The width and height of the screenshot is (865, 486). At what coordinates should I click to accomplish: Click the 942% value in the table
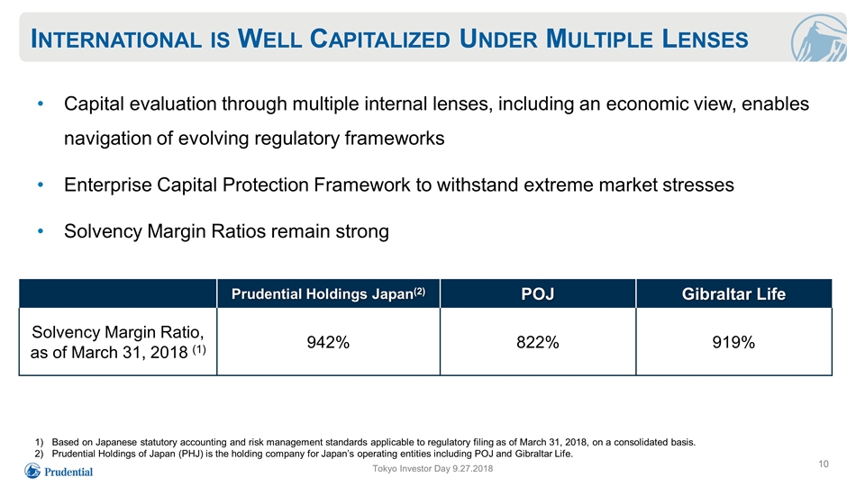(x=328, y=342)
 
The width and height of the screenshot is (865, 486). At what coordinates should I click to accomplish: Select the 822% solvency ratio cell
(x=538, y=342)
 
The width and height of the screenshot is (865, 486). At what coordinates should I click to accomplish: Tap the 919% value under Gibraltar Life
(x=733, y=342)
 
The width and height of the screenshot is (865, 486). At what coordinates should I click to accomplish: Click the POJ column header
(x=538, y=293)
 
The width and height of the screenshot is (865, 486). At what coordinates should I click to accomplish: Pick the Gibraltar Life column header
(x=733, y=293)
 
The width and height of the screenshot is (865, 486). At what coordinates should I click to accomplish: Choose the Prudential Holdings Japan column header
(x=328, y=293)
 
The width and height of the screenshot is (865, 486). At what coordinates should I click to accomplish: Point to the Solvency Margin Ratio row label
(x=118, y=342)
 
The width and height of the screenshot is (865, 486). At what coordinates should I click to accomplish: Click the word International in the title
(x=116, y=39)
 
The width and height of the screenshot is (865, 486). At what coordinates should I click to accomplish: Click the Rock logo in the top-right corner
(x=819, y=38)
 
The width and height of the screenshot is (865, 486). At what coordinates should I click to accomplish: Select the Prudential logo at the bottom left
(x=59, y=471)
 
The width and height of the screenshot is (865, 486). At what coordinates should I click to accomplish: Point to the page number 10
(x=823, y=464)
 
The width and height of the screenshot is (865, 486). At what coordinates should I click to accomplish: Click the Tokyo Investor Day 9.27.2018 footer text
(x=432, y=468)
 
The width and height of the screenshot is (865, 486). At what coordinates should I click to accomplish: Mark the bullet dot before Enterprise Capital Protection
(x=41, y=185)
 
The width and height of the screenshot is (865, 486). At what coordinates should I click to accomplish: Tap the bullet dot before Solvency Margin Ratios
(x=41, y=231)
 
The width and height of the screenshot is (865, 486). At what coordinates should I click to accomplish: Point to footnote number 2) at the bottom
(x=39, y=454)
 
